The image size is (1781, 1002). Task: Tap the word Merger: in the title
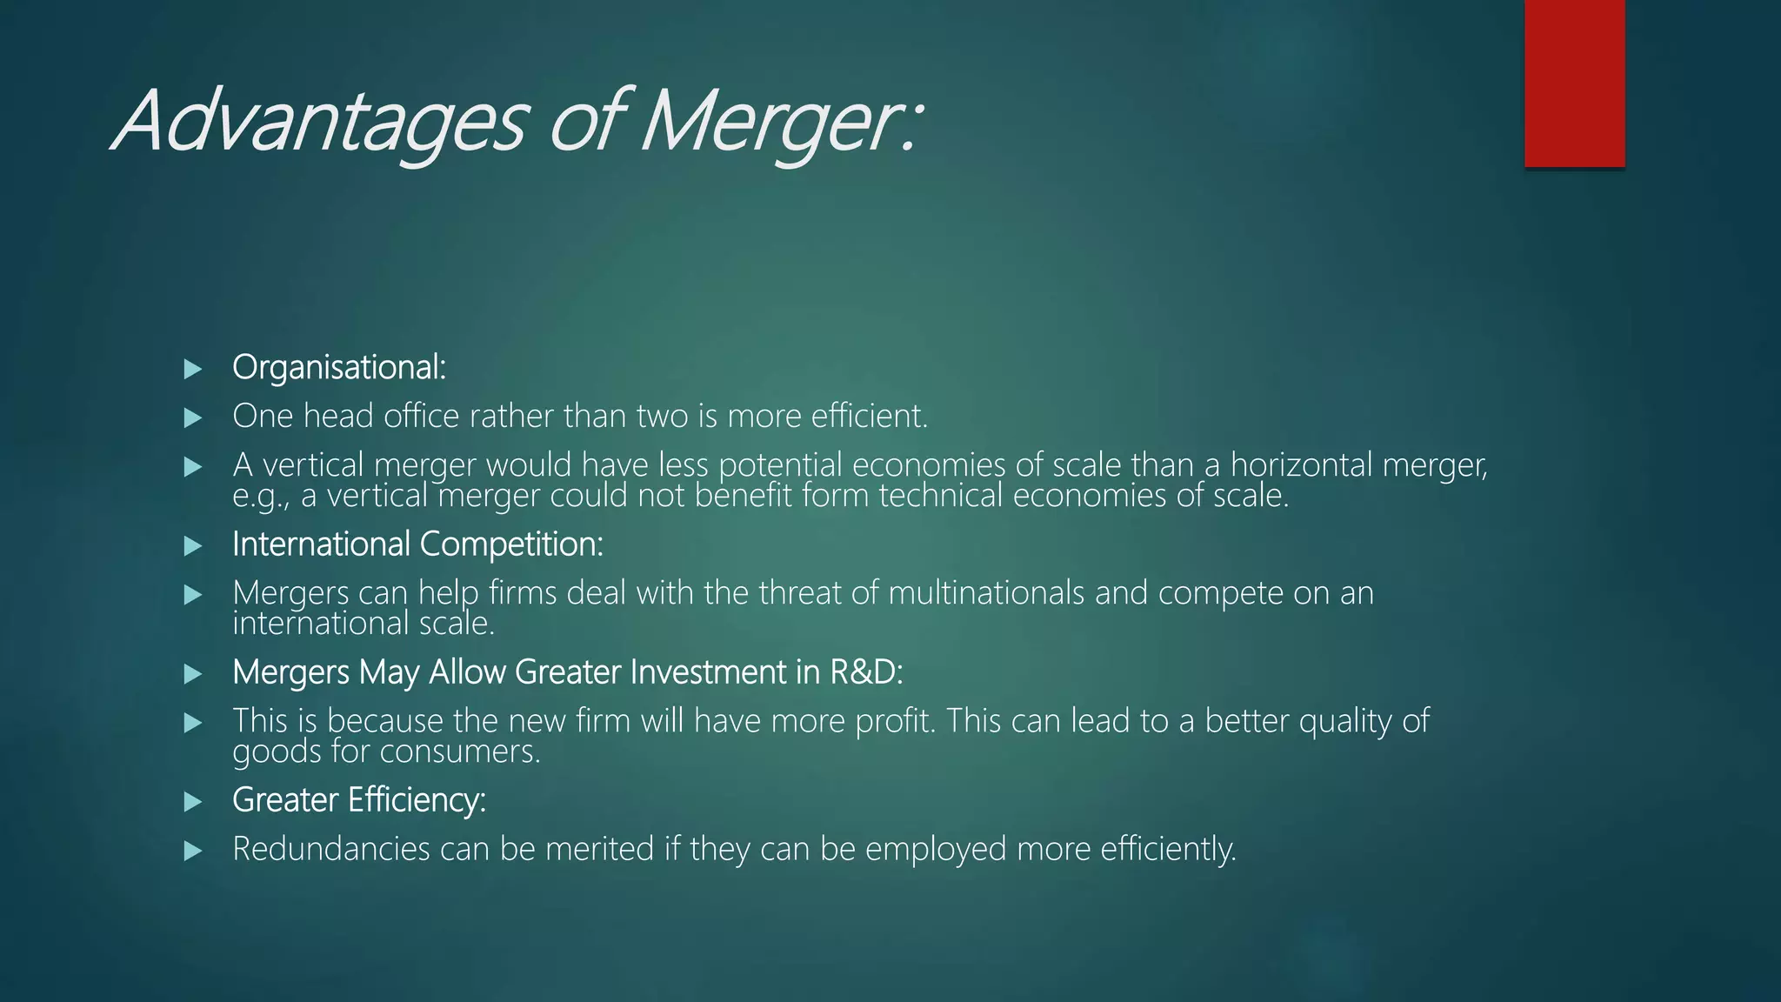coord(778,122)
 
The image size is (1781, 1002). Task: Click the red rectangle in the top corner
coord(1574,83)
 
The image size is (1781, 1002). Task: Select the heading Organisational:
coord(339,367)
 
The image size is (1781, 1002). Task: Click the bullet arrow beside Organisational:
coord(193,369)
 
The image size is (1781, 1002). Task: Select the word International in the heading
coord(321,544)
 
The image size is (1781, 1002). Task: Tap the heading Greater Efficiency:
coord(358,800)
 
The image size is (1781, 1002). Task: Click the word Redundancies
coord(330,849)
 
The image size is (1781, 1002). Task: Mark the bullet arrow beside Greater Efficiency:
coord(193,801)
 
